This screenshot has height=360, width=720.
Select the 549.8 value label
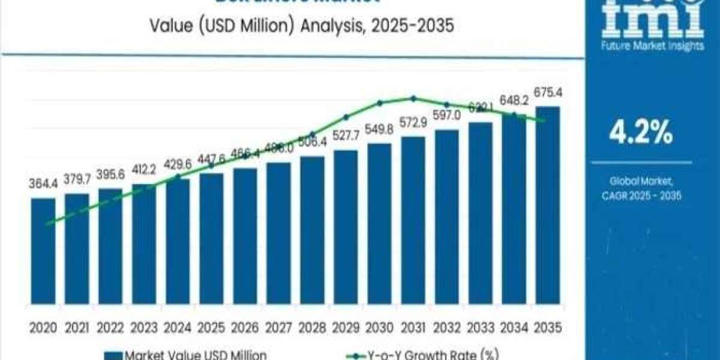coord(380,130)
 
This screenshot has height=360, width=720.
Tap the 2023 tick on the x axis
coord(144,328)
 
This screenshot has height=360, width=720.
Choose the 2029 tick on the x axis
coord(346,328)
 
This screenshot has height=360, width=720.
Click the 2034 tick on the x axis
coord(514,328)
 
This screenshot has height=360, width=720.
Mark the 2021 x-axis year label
coord(77,328)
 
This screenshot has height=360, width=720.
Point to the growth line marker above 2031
coord(413,98)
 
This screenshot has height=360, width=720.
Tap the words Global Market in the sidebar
coord(641,181)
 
